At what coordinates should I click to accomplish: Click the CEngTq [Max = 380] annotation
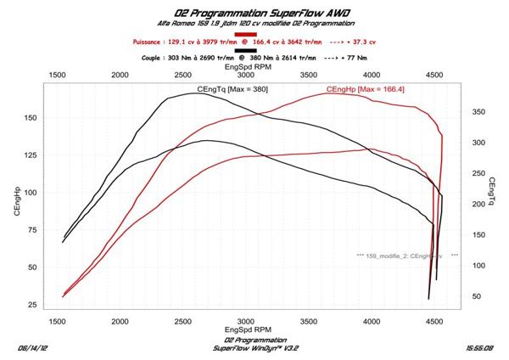point(232,89)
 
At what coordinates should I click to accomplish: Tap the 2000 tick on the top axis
point(120,74)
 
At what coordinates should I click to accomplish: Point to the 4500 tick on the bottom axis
point(434,321)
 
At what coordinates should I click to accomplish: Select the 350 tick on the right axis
point(479,111)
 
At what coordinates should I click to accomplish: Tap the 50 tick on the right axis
point(477,296)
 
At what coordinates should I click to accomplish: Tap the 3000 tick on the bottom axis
point(246,321)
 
